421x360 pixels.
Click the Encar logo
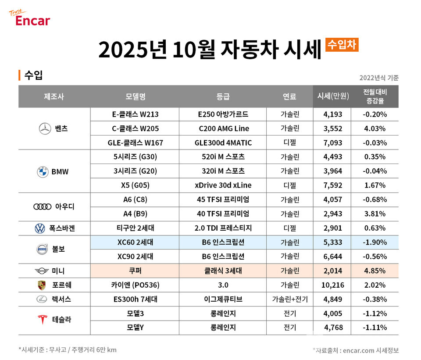(30, 18)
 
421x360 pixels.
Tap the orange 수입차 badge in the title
(342, 44)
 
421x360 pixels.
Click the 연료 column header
(289, 96)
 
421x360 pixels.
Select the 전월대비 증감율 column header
(375, 96)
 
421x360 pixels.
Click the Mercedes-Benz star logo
(44, 129)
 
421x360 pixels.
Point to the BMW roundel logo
(43, 171)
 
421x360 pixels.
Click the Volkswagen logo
(40, 228)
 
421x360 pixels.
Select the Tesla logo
(43, 320)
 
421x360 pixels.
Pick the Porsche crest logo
(42, 285)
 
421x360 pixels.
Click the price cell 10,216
(332, 285)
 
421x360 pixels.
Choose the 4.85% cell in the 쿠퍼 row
(375, 271)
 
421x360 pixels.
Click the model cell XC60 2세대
(135, 242)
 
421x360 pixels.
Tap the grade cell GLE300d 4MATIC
(223, 143)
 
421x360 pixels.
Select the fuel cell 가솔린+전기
(289, 299)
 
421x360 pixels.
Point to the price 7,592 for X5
(332, 185)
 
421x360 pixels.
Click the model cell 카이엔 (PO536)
(135, 285)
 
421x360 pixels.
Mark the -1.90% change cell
(375, 242)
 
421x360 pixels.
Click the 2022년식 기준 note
(378, 78)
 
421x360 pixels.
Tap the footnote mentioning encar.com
(356, 350)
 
